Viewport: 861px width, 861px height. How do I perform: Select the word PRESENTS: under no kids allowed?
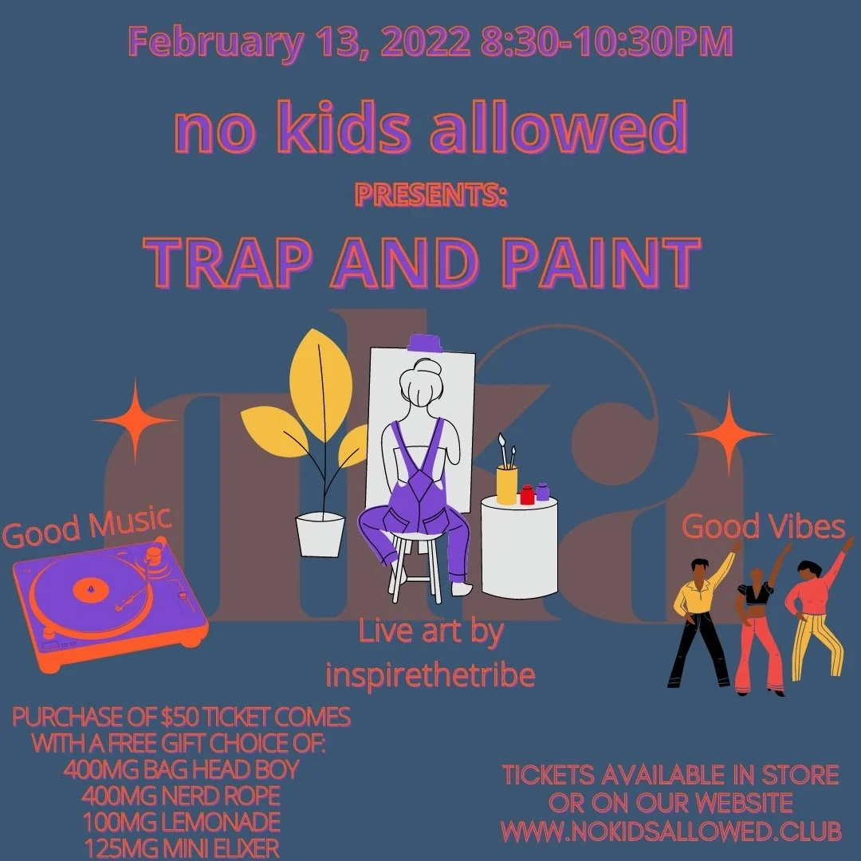(x=431, y=196)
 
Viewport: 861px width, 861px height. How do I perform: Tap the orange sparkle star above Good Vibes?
(x=729, y=434)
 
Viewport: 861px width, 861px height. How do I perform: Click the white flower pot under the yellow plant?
(x=320, y=533)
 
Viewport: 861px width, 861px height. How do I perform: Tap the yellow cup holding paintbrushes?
(x=506, y=485)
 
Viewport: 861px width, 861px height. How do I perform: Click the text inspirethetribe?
(x=431, y=674)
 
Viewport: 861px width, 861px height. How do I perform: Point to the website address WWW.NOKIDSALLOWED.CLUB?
(x=671, y=831)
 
